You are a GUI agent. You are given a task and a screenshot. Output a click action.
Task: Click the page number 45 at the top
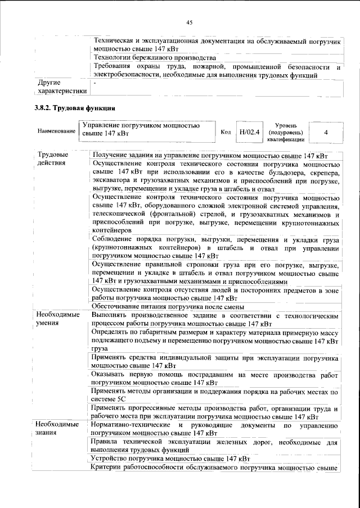pyautogui.click(x=190, y=22)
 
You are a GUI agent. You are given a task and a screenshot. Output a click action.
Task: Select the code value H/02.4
pyautogui.click(x=249, y=133)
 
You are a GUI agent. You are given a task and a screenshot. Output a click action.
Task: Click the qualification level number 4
pyautogui.click(x=326, y=133)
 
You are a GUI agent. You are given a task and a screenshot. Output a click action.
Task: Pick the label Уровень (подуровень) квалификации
pyautogui.click(x=287, y=132)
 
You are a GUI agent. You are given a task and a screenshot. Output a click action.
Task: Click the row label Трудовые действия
pyautogui.click(x=53, y=159)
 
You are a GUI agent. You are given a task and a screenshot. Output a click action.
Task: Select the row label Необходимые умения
pyautogui.click(x=57, y=320)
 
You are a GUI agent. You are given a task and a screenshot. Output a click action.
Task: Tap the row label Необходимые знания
pyautogui.click(x=57, y=429)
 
